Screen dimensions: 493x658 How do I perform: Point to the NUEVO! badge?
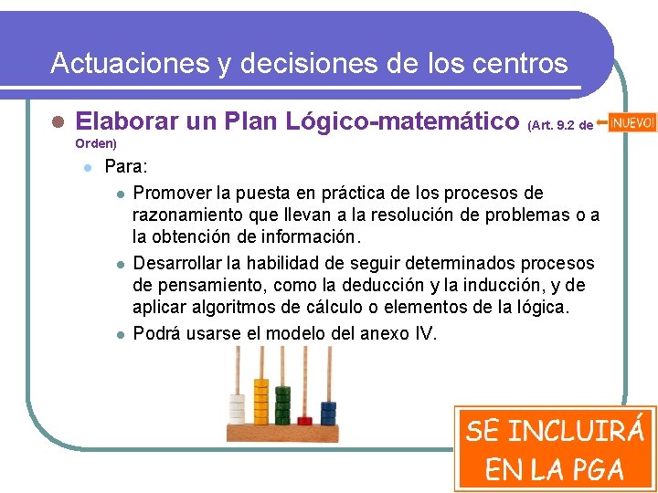[x=631, y=122]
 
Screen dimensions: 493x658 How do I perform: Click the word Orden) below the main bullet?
[x=95, y=143]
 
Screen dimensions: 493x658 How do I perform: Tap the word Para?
[x=125, y=167]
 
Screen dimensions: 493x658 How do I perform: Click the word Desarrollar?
[x=180, y=263]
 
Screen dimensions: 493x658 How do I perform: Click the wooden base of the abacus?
[x=283, y=434]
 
